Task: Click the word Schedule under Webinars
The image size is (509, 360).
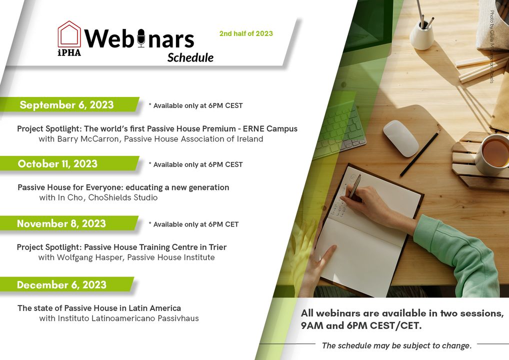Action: coord(190,58)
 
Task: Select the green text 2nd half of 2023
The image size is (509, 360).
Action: coord(246,33)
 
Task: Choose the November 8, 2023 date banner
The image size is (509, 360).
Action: coord(69,223)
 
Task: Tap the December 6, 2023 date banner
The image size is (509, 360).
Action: coord(67,284)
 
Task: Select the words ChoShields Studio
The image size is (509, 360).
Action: coord(123,197)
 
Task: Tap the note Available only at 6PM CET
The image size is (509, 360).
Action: coord(194,224)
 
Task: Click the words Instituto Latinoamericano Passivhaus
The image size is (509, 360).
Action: coord(128,318)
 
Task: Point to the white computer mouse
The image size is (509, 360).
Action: coord(400,138)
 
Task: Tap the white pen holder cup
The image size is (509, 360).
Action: coord(421,35)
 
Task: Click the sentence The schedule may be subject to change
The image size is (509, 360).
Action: coord(396,345)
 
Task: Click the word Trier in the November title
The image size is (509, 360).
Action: coord(217,247)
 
